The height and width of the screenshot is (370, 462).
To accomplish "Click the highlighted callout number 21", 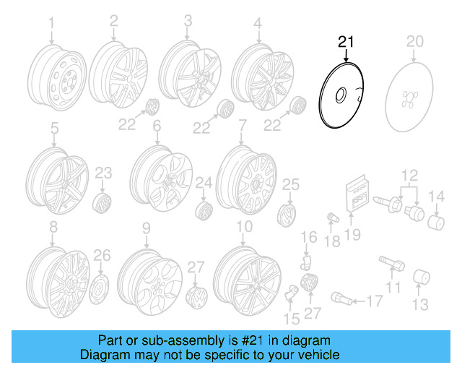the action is tap(346, 42).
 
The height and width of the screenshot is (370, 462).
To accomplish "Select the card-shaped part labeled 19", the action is tap(357, 194).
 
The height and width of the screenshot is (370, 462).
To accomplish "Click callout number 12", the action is tap(410, 173).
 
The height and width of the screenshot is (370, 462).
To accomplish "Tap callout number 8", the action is tap(52, 229).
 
